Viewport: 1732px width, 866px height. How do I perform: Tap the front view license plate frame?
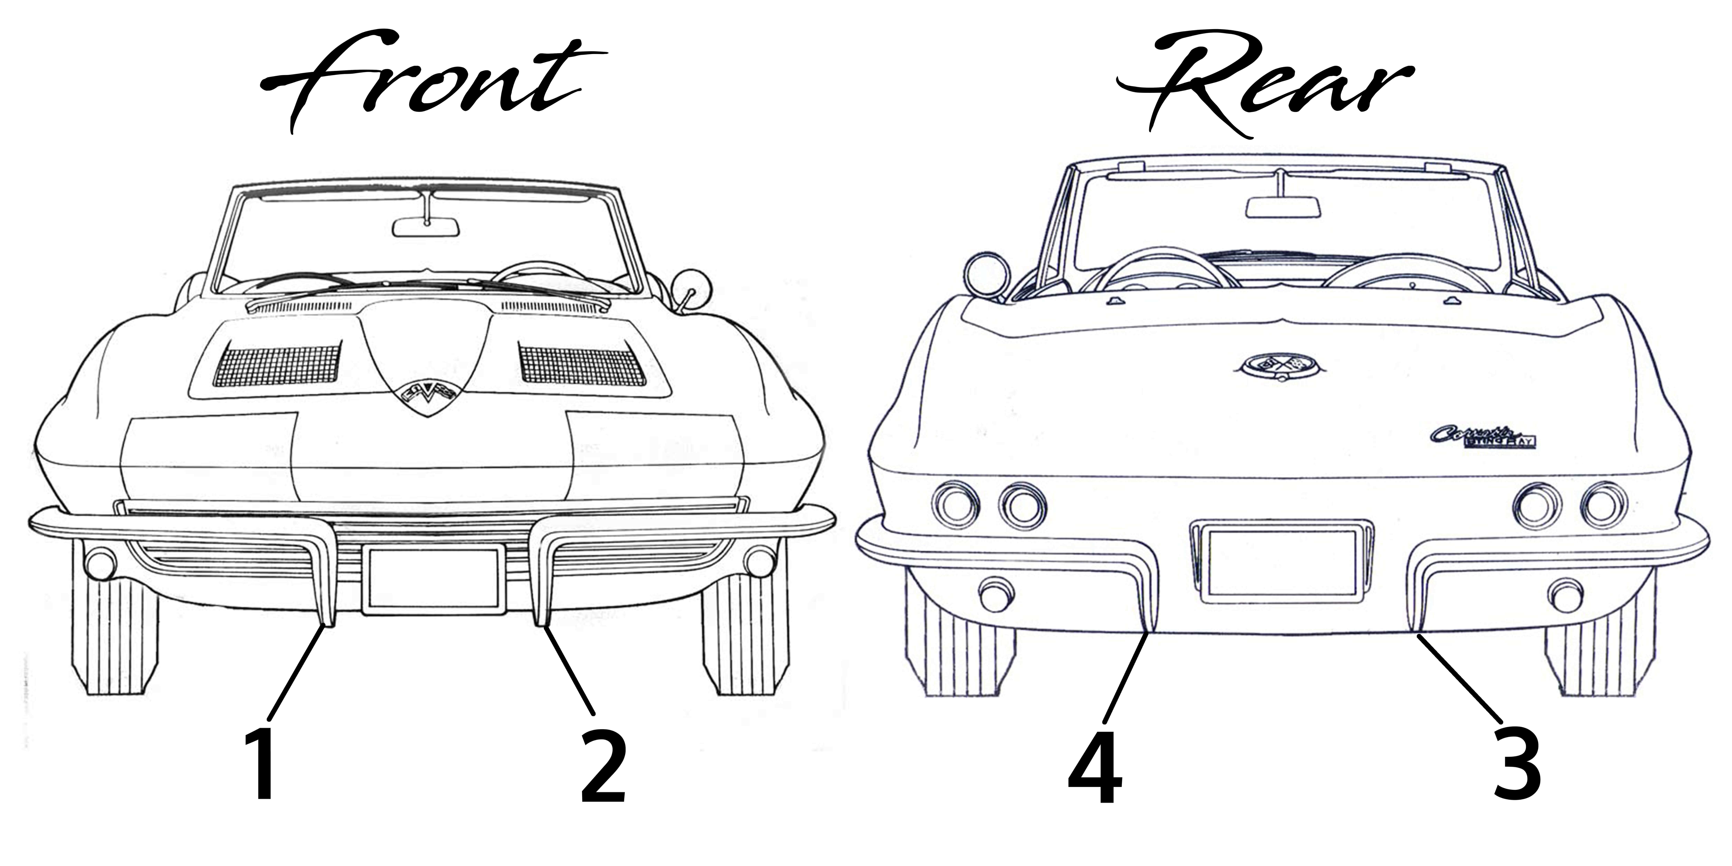[x=434, y=580]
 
